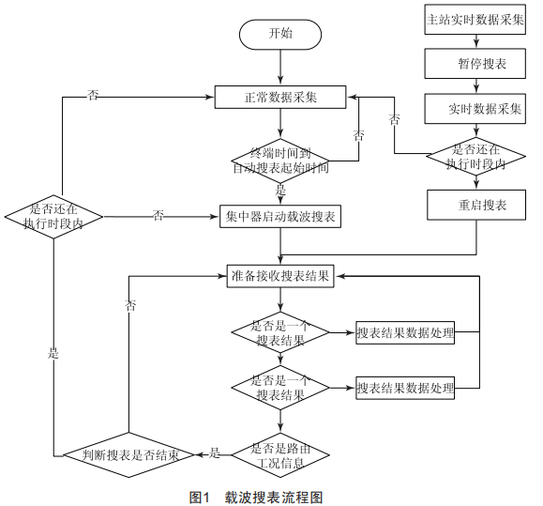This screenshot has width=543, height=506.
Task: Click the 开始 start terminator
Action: coord(280,35)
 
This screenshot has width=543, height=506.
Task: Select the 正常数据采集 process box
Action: coord(280,98)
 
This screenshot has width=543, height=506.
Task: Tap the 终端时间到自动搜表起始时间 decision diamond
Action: coord(280,161)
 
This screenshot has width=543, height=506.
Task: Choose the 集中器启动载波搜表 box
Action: coord(280,217)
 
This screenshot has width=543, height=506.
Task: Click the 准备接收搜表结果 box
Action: coord(280,276)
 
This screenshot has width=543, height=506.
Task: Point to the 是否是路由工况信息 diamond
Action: coord(280,455)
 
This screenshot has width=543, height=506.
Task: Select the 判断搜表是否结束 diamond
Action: coord(128,455)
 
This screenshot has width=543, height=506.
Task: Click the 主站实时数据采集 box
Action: coord(475,20)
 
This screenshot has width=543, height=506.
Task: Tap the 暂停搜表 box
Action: coord(475,64)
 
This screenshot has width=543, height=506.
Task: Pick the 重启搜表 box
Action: coord(476,205)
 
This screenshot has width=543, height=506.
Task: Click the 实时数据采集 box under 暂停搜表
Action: coord(475,109)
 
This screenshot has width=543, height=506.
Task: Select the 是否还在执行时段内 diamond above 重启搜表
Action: coord(475,157)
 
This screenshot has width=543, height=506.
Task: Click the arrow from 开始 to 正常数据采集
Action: coord(280,68)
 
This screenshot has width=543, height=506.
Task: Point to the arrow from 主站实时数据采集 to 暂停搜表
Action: coord(476,41)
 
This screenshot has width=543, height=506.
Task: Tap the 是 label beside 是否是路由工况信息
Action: coord(215,453)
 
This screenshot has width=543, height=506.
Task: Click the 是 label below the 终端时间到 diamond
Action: coord(280,190)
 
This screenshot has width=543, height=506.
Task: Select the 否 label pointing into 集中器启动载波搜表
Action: coord(158,216)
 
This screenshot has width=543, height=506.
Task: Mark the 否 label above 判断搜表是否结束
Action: coord(130,305)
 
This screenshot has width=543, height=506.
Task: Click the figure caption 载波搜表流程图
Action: coord(274,498)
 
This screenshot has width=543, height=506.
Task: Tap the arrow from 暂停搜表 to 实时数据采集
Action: coord(476,86)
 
